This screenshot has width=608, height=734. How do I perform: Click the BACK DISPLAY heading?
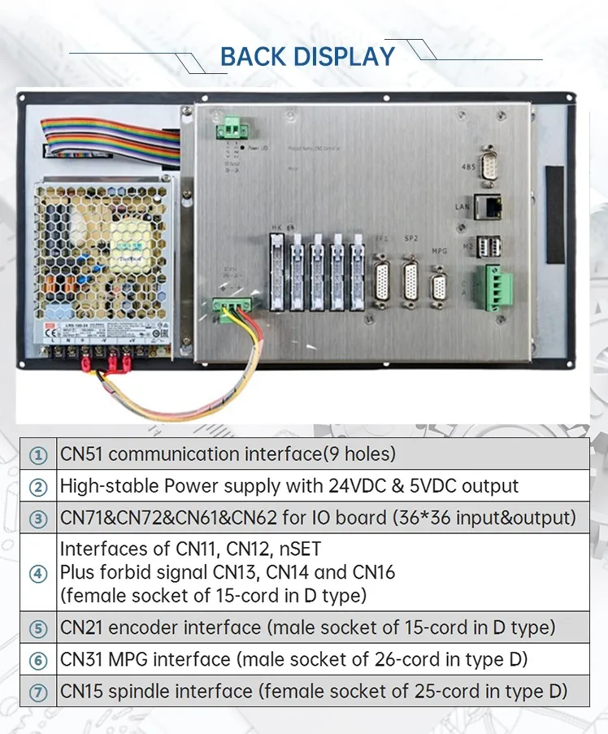point(307,57)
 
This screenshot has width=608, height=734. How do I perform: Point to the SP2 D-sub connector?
point(410,282)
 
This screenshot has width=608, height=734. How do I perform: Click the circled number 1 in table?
point(38,455)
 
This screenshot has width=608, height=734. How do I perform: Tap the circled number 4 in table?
point(38,572)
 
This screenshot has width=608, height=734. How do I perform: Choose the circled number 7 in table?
point(38,693)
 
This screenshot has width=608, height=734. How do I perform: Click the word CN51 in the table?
point(82,454)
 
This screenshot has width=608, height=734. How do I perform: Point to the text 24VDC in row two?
point(382,486)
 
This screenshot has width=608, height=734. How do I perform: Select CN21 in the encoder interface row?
point(82,628)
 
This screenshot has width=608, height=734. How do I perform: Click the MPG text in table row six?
point(134,659)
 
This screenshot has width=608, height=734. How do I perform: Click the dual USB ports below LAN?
point(490,245)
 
